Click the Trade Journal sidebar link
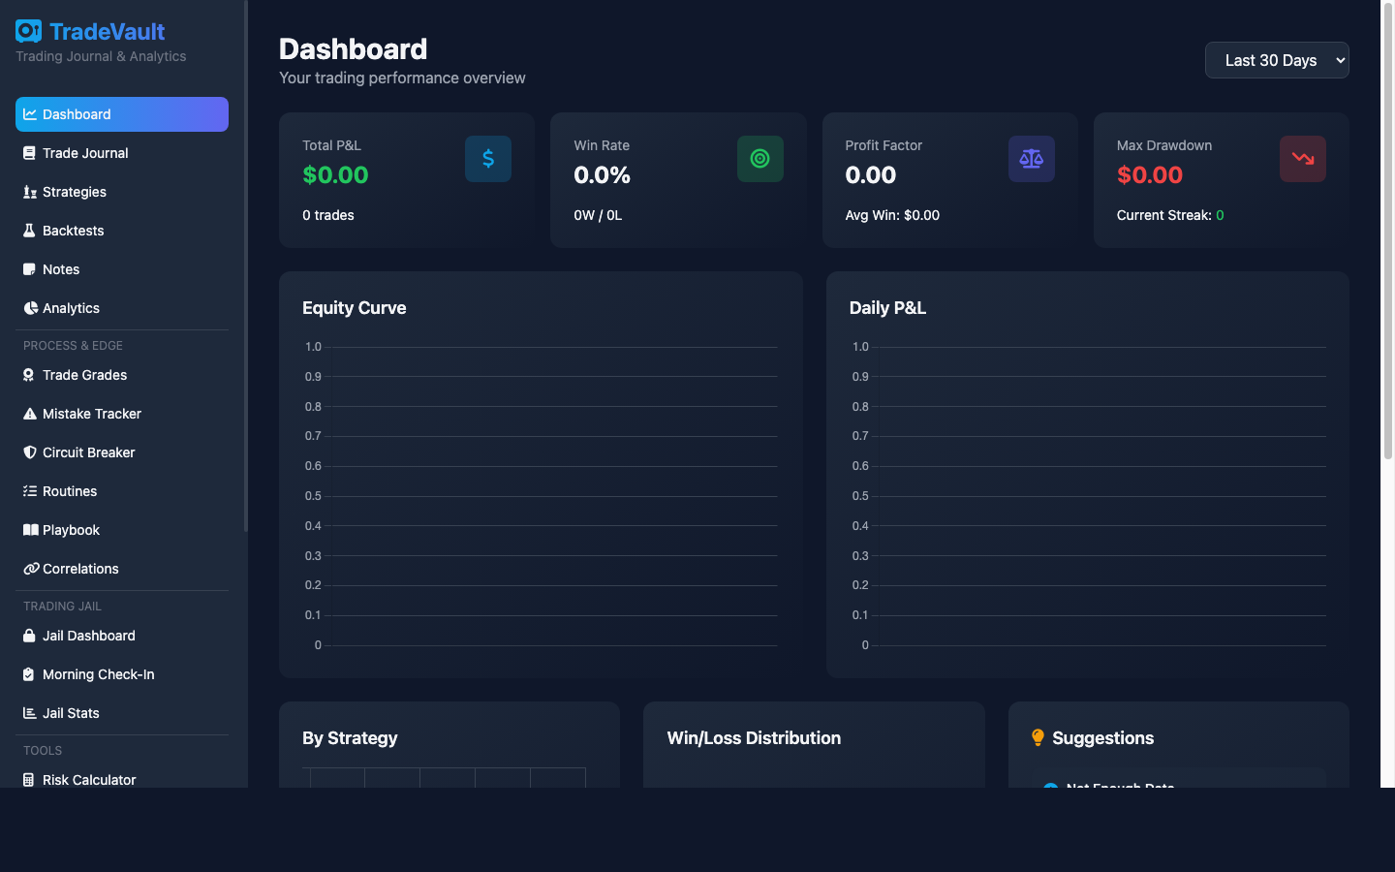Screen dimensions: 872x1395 (85, 153)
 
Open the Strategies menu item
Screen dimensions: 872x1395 (75, 192)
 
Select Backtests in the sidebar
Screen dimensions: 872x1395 (73, 231)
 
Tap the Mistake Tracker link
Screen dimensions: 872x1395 (92, 414)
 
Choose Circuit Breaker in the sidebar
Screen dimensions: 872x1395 (88, 452)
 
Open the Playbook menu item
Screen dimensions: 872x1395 (71, 530)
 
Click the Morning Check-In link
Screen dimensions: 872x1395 (98, 674)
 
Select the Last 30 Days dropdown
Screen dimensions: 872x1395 (1276, 60)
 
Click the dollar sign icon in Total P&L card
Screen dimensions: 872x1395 (488, 159)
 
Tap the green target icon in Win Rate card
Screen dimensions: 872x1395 (759, 159)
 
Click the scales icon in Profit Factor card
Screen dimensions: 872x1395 (1031, 159)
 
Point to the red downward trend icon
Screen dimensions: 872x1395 (1302, 159)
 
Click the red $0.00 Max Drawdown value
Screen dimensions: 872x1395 (1149, 175)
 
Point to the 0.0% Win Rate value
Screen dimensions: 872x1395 (602, 175)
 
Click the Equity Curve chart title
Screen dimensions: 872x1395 (354, 308)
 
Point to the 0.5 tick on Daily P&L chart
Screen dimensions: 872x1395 (860, 496)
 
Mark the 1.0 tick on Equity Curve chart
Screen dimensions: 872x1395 (313, 347)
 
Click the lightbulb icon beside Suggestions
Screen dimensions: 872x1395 (1038, 738)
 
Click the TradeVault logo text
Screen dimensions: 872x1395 (107, 32)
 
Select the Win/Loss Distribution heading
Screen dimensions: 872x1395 (754, 738)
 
